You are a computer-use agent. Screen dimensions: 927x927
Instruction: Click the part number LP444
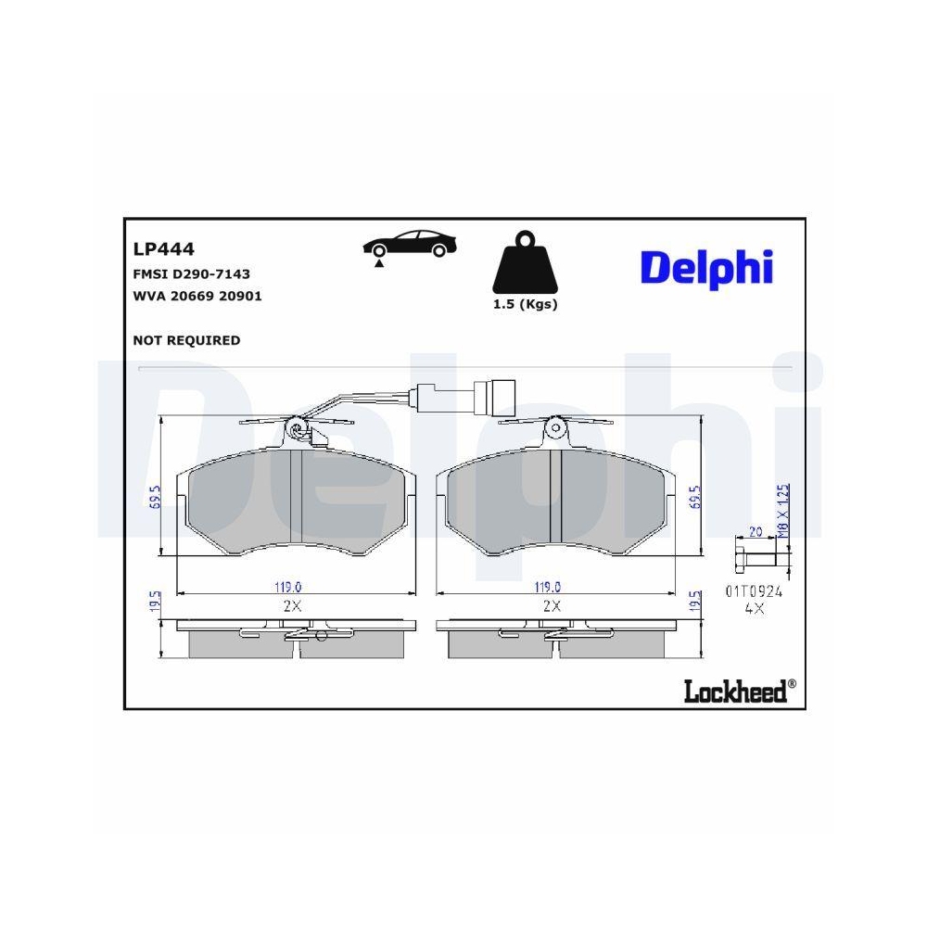[162, 248]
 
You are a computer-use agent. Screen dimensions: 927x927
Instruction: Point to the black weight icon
[525, 264]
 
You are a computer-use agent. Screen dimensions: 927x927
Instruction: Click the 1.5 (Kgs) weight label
[525, 305]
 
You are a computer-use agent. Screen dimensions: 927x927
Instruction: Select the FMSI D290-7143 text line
[192, 274]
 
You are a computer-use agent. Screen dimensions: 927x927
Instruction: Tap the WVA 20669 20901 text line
[197, 297]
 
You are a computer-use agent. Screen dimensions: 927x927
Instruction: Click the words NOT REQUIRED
[187, 340]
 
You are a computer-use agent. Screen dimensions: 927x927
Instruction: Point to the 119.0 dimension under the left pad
[288, 586]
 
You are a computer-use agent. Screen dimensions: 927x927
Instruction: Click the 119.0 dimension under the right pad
[548, 586]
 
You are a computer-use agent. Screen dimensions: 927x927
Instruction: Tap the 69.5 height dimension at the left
[156, 497]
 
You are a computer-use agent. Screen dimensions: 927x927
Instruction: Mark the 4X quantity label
[754, 609]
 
